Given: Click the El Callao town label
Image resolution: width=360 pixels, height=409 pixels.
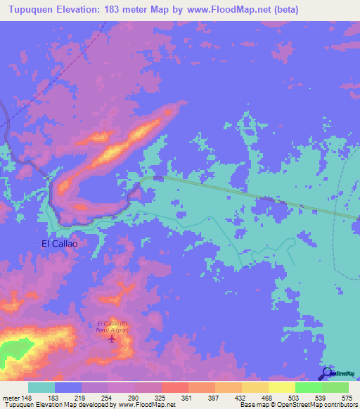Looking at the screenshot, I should click(59, 244).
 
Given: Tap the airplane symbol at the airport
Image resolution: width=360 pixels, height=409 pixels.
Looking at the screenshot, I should click(113, 339).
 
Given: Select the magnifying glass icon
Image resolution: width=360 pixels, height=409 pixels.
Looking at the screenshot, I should click(326, 373).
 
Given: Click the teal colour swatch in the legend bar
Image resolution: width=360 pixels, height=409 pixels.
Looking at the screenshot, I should click(41, 387).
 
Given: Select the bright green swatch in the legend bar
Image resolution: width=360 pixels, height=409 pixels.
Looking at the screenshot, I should click(308, 387).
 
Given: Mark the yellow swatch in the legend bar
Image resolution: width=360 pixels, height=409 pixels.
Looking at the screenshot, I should click(281, 387).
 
